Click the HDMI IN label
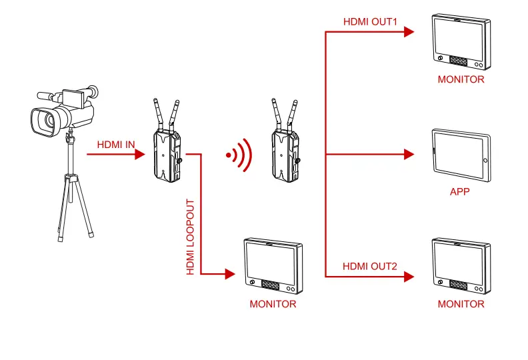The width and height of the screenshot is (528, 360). click(x=116, y=144)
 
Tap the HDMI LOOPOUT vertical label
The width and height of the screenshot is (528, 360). click(x=191, y=237)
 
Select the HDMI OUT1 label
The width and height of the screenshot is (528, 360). click(x=370, y=22)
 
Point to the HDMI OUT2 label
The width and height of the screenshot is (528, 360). click(x=370, y=267)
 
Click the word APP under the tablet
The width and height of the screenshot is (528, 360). click(x=460, y=192)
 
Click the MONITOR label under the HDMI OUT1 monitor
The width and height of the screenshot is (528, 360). click(x=461, y=79)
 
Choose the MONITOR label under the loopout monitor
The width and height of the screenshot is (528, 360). click(x=273, y=304)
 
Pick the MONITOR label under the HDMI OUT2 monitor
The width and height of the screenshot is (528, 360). click(x=461, y=304)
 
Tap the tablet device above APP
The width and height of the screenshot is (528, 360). click(x=461, y=155)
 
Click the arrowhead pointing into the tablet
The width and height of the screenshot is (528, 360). click(x=409, y=155)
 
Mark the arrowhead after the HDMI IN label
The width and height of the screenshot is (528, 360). click(x=139, y=155)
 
